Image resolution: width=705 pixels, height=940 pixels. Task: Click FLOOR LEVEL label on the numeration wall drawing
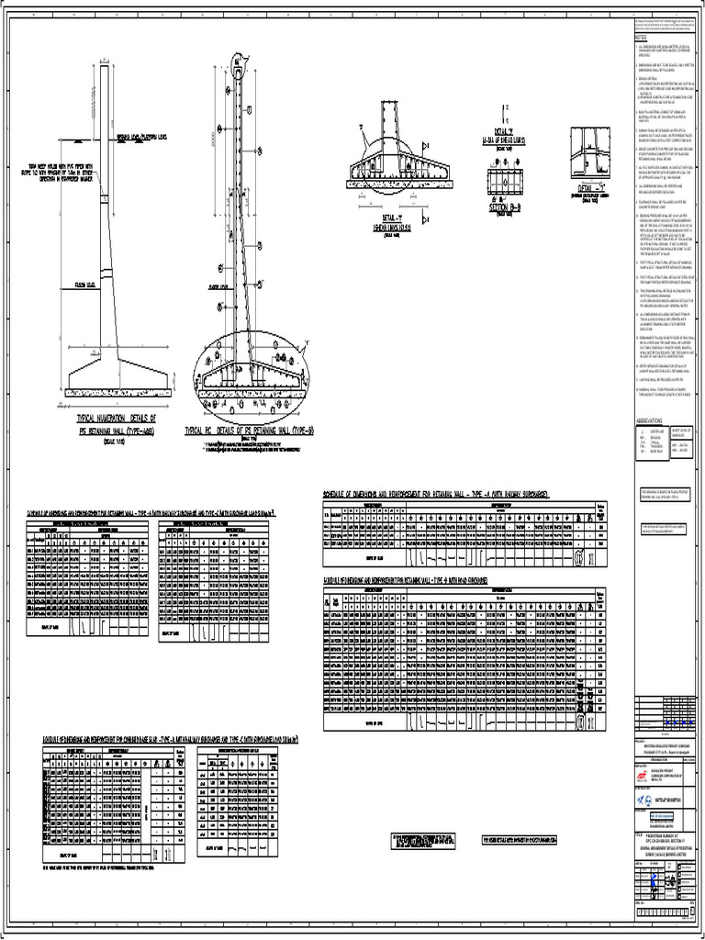(84, 285)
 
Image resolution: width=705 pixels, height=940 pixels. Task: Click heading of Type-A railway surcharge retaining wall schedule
(435, 495)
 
